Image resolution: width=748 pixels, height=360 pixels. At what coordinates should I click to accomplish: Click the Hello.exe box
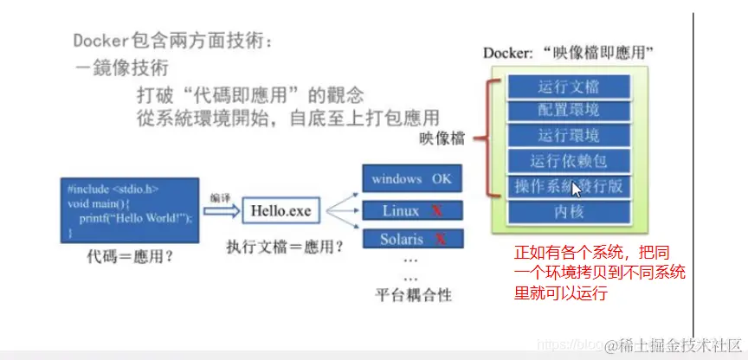(x=280, y=210)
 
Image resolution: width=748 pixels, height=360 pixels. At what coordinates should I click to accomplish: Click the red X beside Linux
(x=438, y=210)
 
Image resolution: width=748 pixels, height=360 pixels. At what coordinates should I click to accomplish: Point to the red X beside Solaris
(x=440, y=239)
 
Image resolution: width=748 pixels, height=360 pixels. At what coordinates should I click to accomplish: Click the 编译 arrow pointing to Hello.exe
(x=220, y=209)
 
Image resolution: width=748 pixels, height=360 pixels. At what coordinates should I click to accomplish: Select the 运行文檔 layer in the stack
(x=568, y=87)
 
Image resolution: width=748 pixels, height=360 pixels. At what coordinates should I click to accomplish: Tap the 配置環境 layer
(x=568, y=111)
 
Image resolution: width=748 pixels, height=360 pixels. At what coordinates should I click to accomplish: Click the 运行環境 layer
(x=568, y=136)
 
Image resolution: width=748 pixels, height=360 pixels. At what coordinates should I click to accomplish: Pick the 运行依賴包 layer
(x=568, y=161)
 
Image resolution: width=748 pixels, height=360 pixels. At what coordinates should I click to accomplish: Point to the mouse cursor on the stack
(x=577, y=190)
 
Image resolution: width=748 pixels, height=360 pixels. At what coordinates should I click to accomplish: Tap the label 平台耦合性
(x=413, y=295)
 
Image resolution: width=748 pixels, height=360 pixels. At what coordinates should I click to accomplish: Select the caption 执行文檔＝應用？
(x=283, y=246)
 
